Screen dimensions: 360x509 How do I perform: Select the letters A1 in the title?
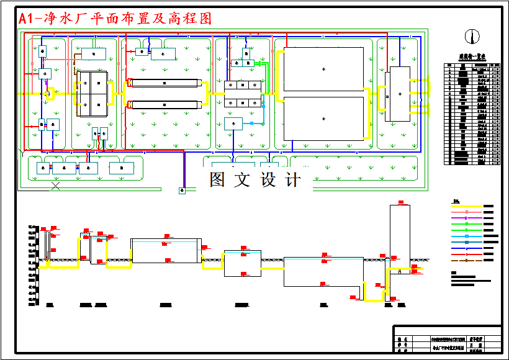(25, 19)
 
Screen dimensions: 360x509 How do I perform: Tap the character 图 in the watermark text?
(217, 180)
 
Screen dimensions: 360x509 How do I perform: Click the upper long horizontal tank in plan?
(164, 83)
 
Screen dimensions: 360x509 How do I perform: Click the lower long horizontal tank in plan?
(164, 104)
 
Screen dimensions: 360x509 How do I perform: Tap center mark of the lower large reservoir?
(323, 118)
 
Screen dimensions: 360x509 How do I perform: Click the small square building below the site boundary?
(182, 191)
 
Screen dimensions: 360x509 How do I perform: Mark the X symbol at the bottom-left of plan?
(56, 186)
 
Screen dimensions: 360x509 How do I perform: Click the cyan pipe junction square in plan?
(263, 124)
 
